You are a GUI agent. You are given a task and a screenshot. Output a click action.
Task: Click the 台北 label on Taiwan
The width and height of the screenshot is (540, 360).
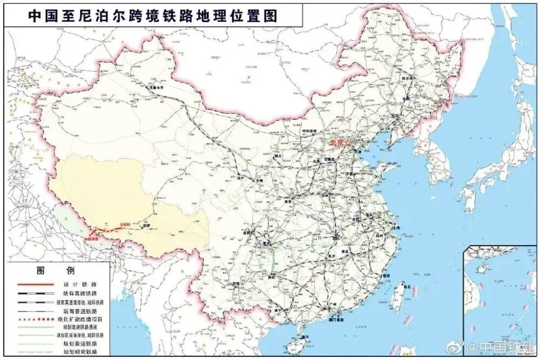[407, 286]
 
